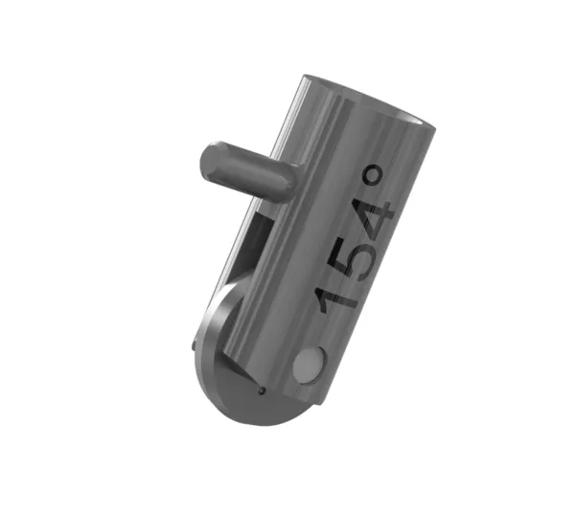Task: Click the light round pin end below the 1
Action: [x=309, y=365]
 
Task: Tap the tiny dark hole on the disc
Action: [x=261, y=390]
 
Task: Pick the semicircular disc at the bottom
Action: [x=240, y=383]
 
